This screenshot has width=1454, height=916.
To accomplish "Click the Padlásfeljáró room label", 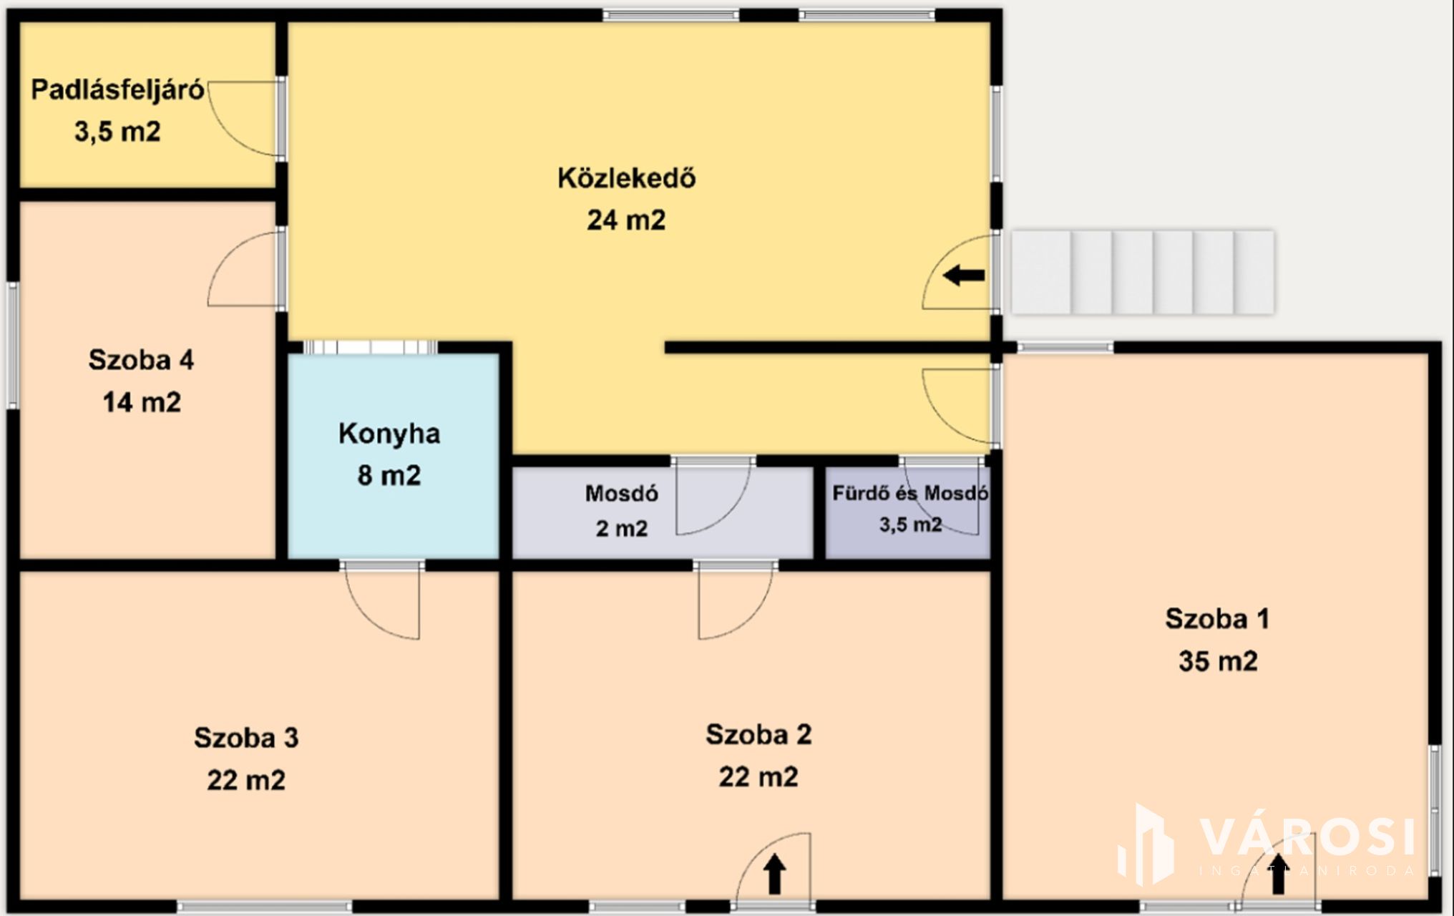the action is click(x=117, y=91).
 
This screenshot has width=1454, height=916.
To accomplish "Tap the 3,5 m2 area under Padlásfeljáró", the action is click(x=117, y=132).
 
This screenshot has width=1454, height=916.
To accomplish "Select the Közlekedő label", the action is click(x=627, y=178).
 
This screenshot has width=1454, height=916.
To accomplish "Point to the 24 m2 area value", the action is click(x=626, y=220).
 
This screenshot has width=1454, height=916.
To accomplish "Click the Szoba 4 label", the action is click(x=141, y=360).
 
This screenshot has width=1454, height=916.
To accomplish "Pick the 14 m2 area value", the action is click(x=142, y=402).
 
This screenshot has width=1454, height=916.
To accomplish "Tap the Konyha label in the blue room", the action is click(x=389, y=434).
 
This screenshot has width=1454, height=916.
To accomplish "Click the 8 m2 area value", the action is click(x=389, y=475).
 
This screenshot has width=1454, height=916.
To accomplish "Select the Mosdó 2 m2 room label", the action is click(x=622, y=511).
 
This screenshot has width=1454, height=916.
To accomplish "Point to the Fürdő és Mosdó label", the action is click(x=910, y=493).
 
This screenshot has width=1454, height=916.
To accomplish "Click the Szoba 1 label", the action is click(x=1218, y=619).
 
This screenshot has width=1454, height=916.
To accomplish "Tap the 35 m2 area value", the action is click(x=1218, y=661).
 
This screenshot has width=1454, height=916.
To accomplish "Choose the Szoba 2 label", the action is click(x=758, y=735).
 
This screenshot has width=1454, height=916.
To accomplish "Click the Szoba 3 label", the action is click(x=246, y=738).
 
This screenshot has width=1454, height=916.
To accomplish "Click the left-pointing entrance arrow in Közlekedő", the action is click(x=964, y=275).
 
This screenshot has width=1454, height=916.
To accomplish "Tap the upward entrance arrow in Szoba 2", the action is click(x=774, y=874).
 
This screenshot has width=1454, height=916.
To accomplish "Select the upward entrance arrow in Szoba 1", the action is click(x=1279, y=874).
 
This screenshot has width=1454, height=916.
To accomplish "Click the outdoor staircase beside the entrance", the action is click(x=1143, y=272).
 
